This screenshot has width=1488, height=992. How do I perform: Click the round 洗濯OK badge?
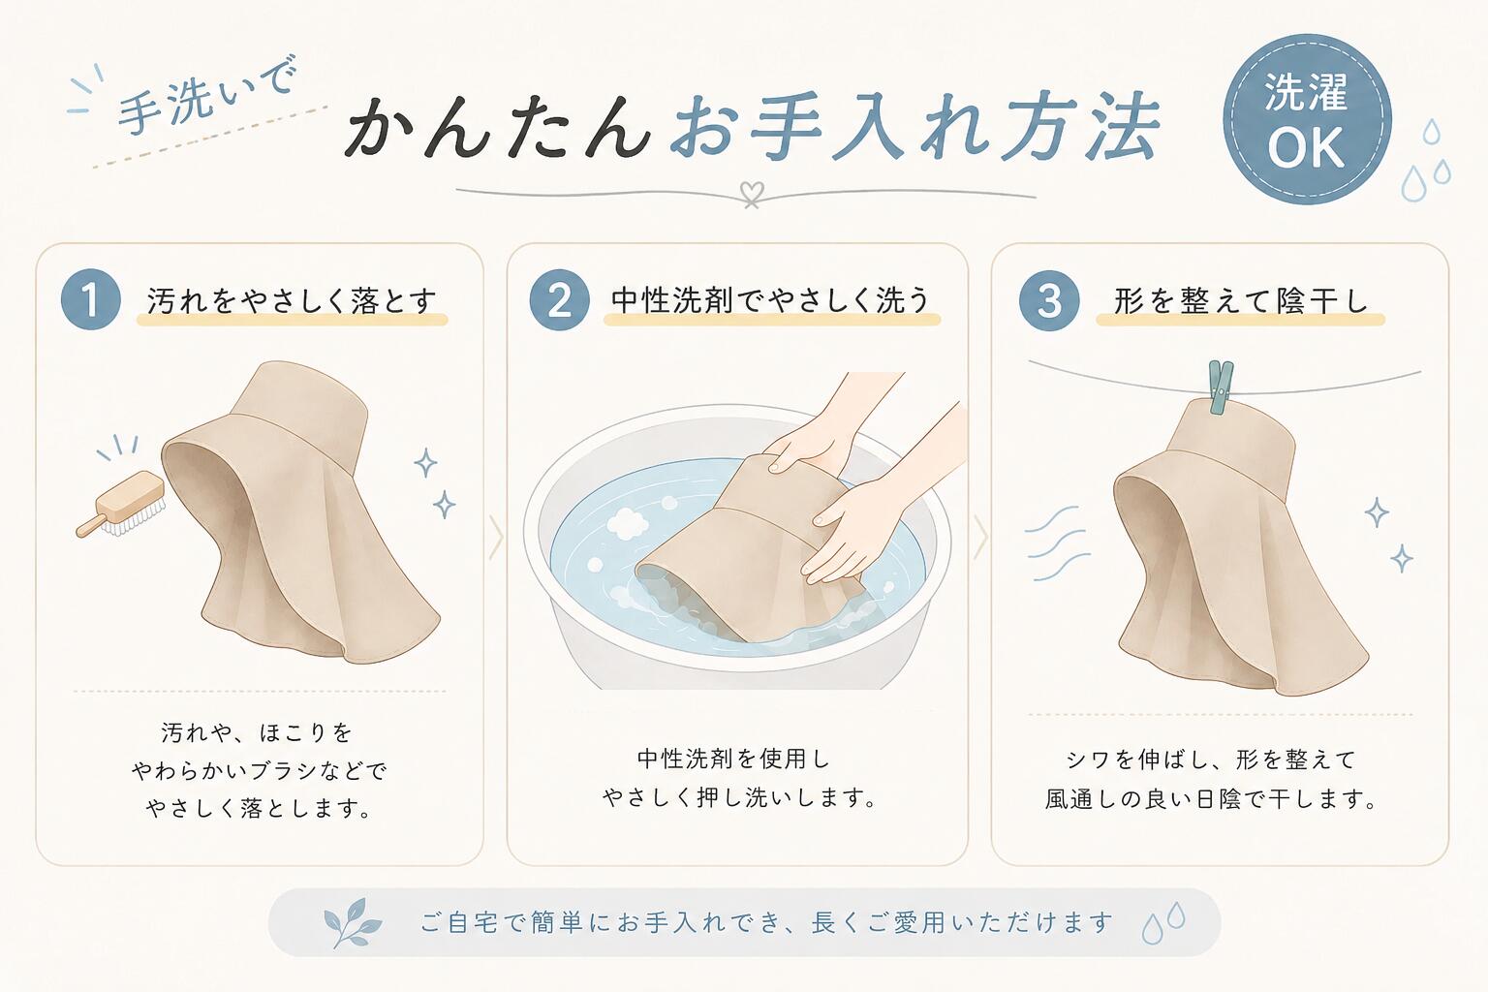click(x=1307, y=119)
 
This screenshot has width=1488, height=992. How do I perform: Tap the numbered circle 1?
click(x=90, y=299)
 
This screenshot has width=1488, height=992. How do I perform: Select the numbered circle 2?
click(x=559, y=299)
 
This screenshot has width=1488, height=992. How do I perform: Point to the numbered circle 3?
click(x=1049, y=300)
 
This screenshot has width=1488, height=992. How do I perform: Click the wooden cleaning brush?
click(x=121, y=505)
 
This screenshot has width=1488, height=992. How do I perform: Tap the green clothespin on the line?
click(x=1221, y=387)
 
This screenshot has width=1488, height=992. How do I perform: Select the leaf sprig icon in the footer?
click(x=352, y=922)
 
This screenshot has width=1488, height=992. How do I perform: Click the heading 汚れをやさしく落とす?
click(x=292, y=301)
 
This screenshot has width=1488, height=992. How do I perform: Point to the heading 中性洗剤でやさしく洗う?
click(x=770, y=300)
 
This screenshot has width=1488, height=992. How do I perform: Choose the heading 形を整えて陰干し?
click(x=1241, y=301)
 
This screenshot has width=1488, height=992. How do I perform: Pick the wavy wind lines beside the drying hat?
click(x=1058, y=542)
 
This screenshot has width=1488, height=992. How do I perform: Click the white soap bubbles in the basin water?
click(x=628, y=523)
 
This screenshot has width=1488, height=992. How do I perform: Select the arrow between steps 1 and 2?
click(x=496, y=537)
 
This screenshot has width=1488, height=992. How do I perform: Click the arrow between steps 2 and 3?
click(x=980, y=537)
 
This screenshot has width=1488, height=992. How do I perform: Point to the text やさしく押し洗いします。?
click(x=739, y=797)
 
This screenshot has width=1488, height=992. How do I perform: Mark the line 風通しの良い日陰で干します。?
click(x=1211, y=798)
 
